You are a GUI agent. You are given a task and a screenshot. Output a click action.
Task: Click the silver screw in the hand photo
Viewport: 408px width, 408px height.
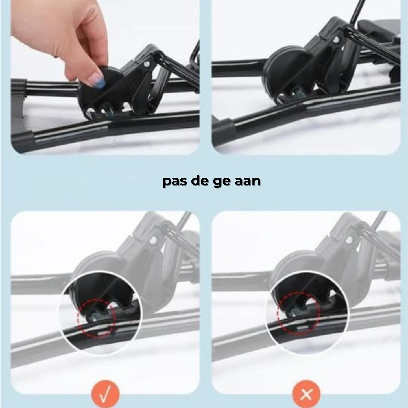(146, 64)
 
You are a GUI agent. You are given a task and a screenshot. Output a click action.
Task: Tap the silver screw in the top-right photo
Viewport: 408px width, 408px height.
(336, 39)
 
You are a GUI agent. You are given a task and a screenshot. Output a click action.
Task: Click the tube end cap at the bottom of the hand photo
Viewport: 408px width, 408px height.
(23, 141)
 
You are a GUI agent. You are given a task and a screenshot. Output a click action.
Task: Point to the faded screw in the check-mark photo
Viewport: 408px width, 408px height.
(154, 240)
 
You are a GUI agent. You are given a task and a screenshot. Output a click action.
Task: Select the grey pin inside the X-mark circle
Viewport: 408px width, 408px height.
(295, 311)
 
